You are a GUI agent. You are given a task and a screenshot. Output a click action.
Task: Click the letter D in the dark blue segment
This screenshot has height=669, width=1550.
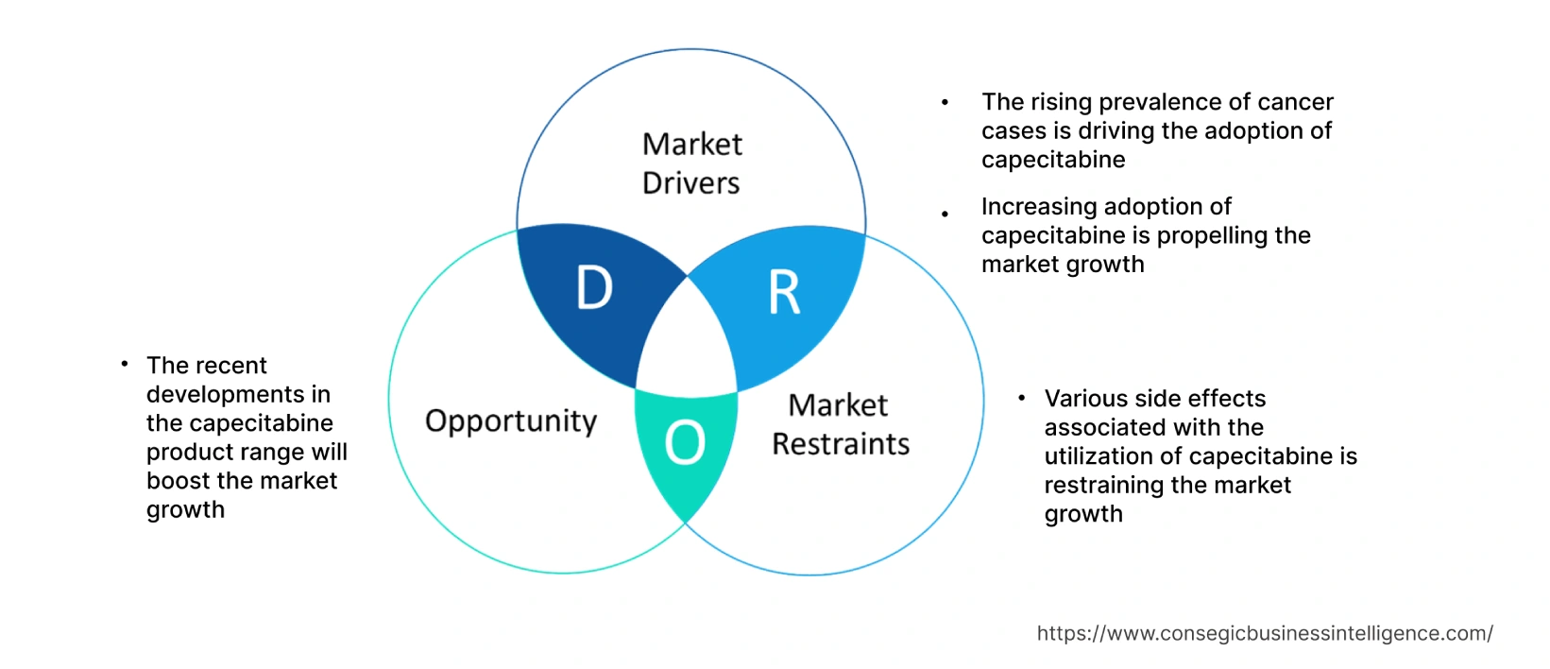[594, 287]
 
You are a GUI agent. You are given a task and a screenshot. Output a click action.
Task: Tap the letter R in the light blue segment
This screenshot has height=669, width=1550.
[784, 293]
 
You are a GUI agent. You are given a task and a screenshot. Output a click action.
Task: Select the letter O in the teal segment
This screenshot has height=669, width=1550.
[685, 442]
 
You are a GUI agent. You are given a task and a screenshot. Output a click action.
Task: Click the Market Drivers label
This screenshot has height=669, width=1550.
[691, 163]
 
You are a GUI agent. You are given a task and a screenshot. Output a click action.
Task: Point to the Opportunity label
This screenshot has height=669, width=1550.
[511, 421]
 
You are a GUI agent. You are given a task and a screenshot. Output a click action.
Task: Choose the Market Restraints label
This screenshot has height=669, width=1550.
[840, 424]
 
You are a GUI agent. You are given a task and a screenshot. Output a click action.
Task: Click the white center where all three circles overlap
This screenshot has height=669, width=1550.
[688, 340]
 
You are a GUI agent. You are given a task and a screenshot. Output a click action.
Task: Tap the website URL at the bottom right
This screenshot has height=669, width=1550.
[1265, 633]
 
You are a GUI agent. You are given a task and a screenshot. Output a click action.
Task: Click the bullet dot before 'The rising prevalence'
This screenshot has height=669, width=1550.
[945, 102]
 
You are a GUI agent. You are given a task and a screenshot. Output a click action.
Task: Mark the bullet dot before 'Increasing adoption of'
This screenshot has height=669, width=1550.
[945, 214]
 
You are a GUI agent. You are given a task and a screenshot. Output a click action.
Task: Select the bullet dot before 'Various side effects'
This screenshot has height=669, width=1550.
[1021, 398]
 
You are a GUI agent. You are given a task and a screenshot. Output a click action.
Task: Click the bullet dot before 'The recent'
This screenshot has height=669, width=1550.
[124, 364]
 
